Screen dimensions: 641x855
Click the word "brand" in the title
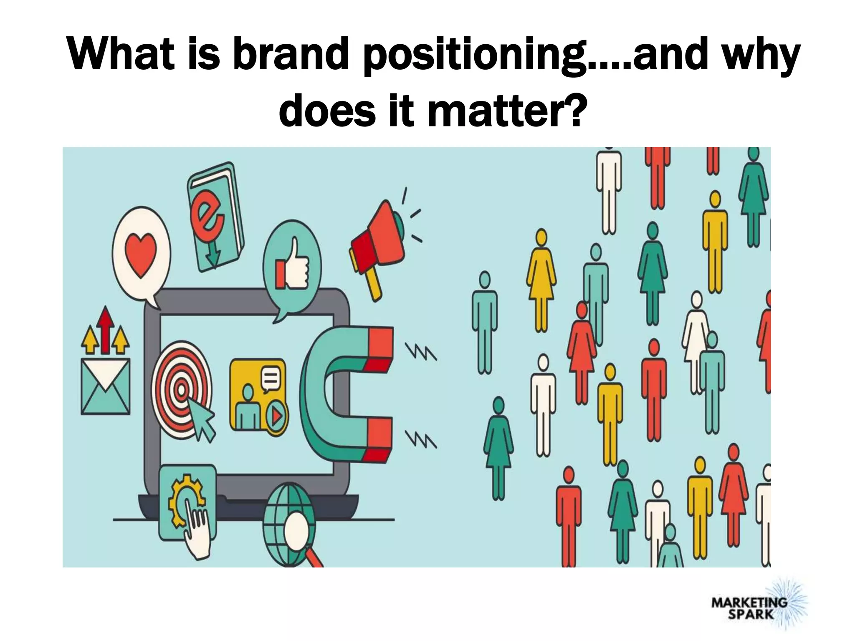(x=291, y=54)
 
